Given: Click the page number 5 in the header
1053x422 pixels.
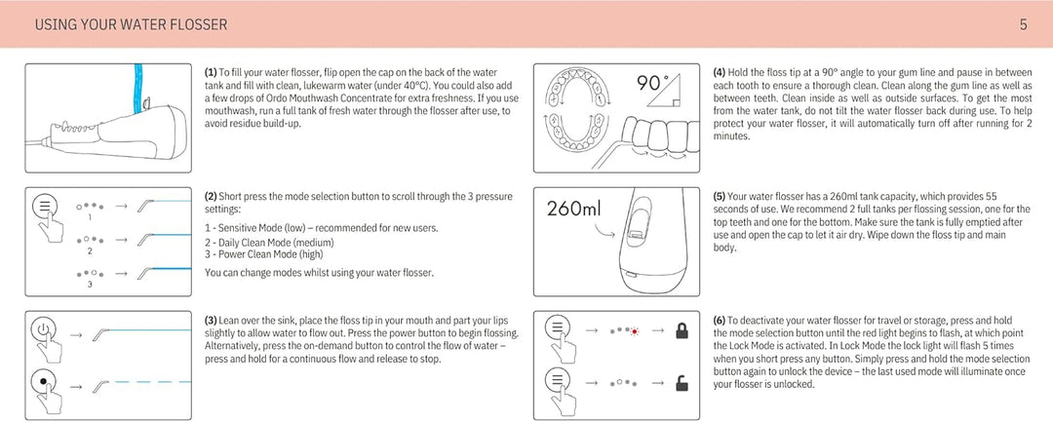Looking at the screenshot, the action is [x=1024, y=25].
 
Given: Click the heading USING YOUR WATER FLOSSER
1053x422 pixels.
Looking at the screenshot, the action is [x=131, y=25].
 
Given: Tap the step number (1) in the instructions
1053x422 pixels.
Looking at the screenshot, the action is [x=211, y=72].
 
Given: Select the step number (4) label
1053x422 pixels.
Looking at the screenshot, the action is [x=720, y=72].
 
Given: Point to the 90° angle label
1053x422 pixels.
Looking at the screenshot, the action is [x=652, y=84].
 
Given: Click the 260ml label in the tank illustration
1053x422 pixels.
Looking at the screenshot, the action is [x=573, y=209].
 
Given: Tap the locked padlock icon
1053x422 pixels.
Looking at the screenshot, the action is [x=682, y=330].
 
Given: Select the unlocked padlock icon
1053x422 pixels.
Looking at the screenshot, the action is [x=682, y=383].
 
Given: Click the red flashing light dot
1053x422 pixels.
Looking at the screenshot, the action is [x=634, y=331].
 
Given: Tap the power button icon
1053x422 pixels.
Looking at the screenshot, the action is [x=44, y=330].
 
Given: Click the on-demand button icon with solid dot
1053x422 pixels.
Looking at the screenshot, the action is [x=44, y=382].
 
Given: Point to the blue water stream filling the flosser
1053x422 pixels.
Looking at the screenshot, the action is [x=139, y=87].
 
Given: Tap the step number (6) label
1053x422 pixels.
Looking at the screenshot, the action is [x=720, y=321].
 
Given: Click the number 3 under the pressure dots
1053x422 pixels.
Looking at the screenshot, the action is [x=90, y=285].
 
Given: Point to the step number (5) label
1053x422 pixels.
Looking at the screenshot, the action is [x=720, y=197].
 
